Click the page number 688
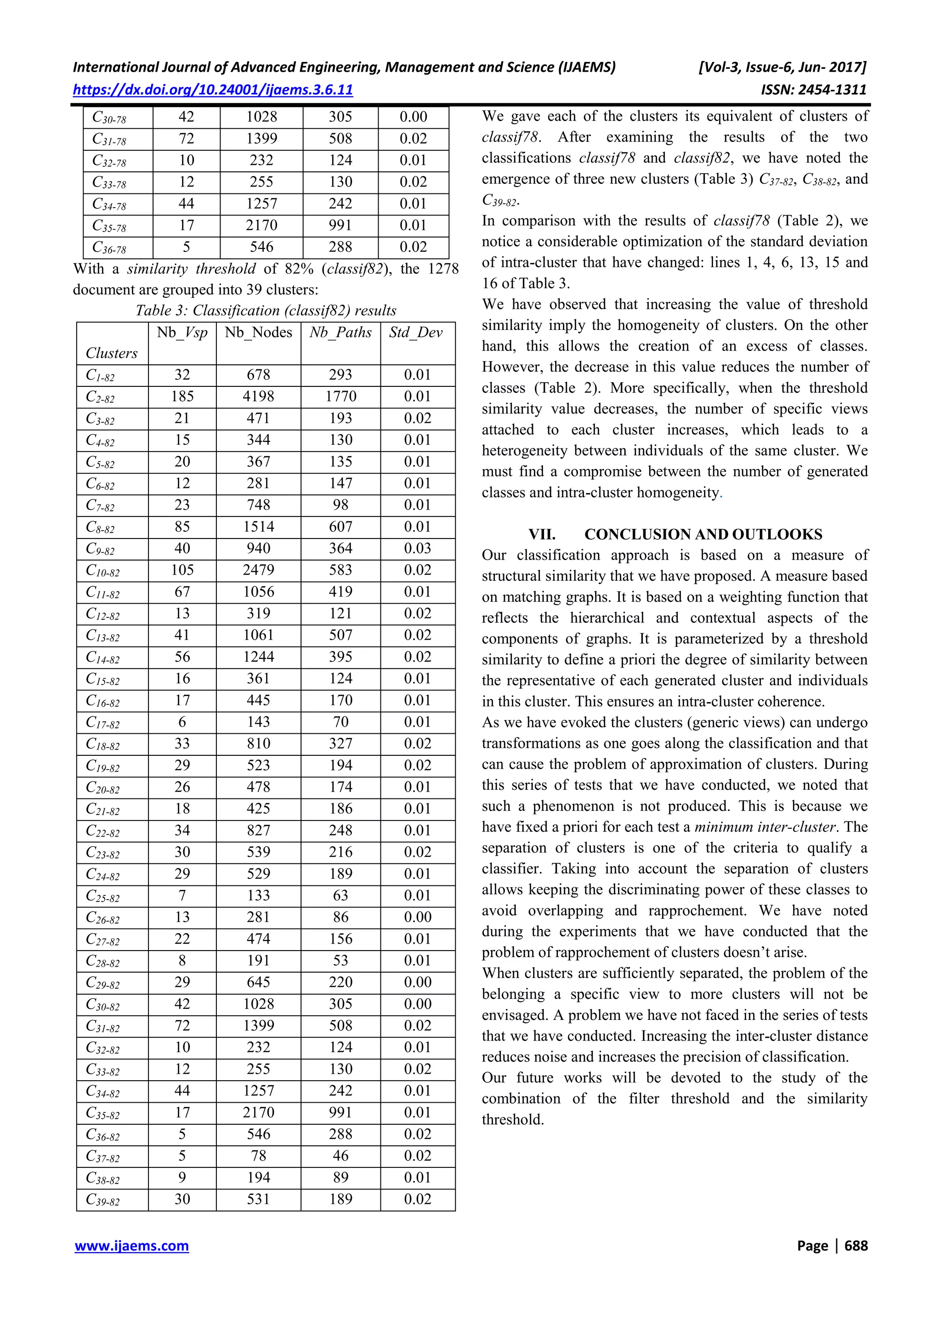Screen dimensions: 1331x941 [x=856, y=1245]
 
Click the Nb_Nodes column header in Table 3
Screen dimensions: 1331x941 [x=258, y=332]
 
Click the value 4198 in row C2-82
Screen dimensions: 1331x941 [x=258, y=396]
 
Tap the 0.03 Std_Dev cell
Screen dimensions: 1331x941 [x=418, y=549]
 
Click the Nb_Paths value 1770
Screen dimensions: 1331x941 [x=340, y=396]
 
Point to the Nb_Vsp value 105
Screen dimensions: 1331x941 [x=182, y=570]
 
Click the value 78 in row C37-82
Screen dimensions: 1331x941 [x=258, y=1156]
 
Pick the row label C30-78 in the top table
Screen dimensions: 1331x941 [x=109, y=118]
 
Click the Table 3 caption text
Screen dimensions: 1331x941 [x=266, y=310]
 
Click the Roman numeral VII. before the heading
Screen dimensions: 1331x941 [x=542, y=534]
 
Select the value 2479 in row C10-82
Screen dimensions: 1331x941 [x=258, y=570]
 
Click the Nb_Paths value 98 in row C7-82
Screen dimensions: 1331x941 [x=340, y=505]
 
